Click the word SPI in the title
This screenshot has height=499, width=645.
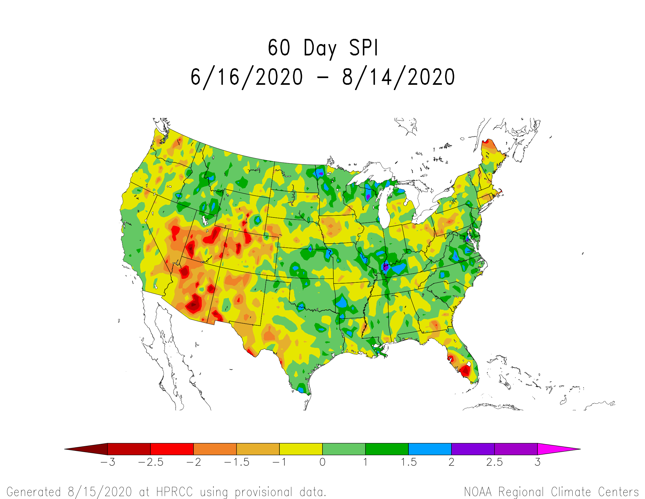(x=363, y=48)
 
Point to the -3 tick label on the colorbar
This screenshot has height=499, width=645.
(x=108, y=462)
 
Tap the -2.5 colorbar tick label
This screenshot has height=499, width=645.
(x=151, y=462)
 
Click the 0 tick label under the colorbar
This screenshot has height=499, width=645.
(x=322, y=462)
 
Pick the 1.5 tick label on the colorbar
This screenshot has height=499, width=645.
(x=408, y=462)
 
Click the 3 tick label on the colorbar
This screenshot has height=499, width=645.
(x=537, y=462)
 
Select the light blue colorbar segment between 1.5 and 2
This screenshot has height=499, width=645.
(x=430, y=449)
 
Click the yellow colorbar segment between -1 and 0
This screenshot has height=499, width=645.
(x=301, y=449)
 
